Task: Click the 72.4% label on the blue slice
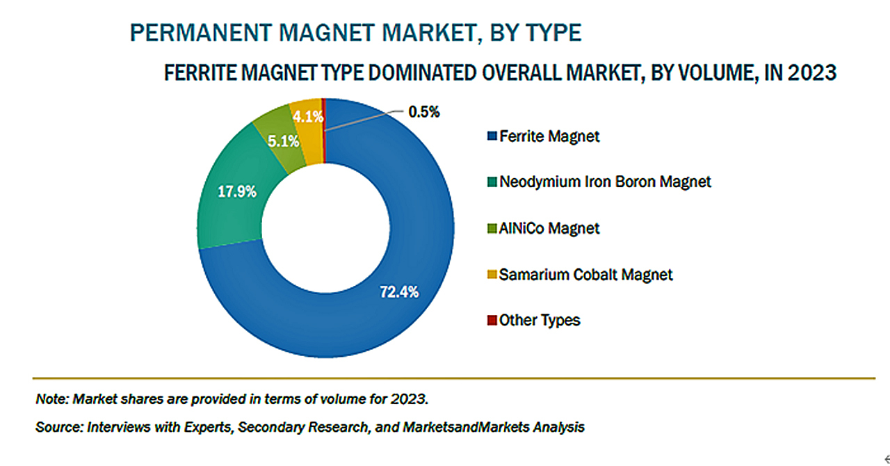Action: (398, 292)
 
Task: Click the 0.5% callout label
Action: (423, 111)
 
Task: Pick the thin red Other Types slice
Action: (324, 111)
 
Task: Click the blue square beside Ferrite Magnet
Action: (492, 136)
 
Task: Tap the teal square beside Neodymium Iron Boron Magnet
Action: (492, 182)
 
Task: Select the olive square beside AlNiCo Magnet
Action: (492, 228)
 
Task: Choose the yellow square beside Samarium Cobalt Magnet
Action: (492, 275)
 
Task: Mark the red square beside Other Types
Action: (492, 321)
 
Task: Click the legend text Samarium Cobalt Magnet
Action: (585, 275)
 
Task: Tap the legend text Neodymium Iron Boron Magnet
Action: (605, 182)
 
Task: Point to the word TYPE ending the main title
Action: (552, 33)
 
